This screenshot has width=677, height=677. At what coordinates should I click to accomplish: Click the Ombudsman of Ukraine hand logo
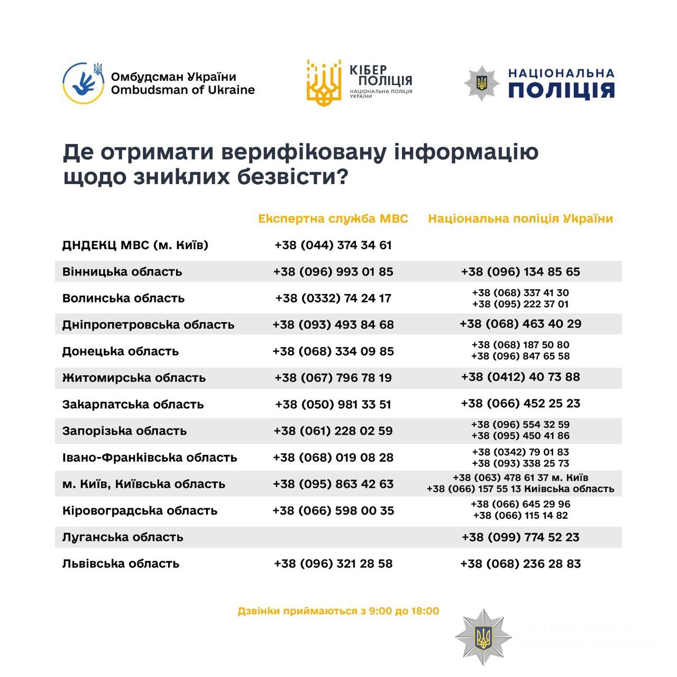click(83, 83)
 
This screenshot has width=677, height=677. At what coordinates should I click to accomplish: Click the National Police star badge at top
click(481, 83)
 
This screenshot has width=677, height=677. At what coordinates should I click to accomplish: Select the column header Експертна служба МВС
click(333, 218)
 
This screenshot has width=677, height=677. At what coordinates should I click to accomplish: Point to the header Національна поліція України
click(520, 218)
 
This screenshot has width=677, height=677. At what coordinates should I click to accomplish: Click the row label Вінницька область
click(122, 272)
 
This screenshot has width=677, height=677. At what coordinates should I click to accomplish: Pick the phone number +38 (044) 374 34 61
click(333, 245)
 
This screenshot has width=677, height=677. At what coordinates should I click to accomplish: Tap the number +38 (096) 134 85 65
click(520, 272)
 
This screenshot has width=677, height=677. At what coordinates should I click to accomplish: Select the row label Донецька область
click(121, 351)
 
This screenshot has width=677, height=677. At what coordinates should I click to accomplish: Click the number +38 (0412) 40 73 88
click(520, 377)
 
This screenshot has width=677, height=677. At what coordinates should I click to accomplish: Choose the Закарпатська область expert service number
click(333, 405)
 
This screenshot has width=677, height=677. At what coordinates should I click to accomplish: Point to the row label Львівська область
click(121, 564)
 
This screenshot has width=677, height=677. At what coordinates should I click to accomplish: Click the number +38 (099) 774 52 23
click(520, 537)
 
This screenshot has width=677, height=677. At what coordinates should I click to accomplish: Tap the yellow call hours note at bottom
click(338, 611)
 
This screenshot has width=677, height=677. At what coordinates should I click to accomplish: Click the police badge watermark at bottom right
click(483, 637)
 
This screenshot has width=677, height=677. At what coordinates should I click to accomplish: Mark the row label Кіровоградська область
click(140, 511)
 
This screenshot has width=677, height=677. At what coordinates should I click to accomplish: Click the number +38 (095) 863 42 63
click(333, 484)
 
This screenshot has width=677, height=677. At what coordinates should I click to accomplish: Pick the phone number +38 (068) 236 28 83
click(520, 564)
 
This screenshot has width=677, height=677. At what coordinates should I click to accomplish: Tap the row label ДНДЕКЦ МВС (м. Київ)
click(135, 245)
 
